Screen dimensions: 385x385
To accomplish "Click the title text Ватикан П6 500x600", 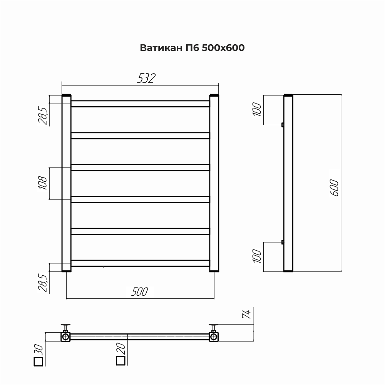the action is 192,48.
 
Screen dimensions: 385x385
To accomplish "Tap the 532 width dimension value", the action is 146,78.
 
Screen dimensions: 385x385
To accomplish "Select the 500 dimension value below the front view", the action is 139,292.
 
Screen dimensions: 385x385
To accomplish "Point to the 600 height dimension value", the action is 335,188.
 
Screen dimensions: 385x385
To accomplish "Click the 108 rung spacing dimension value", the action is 43,183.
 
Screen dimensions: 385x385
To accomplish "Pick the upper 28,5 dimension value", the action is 43,116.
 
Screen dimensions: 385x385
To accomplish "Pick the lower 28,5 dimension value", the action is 43,283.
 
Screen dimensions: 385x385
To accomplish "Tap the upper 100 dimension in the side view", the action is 257,109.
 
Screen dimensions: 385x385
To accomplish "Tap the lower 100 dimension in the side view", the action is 257,256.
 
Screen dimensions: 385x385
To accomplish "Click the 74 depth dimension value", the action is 246,314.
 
